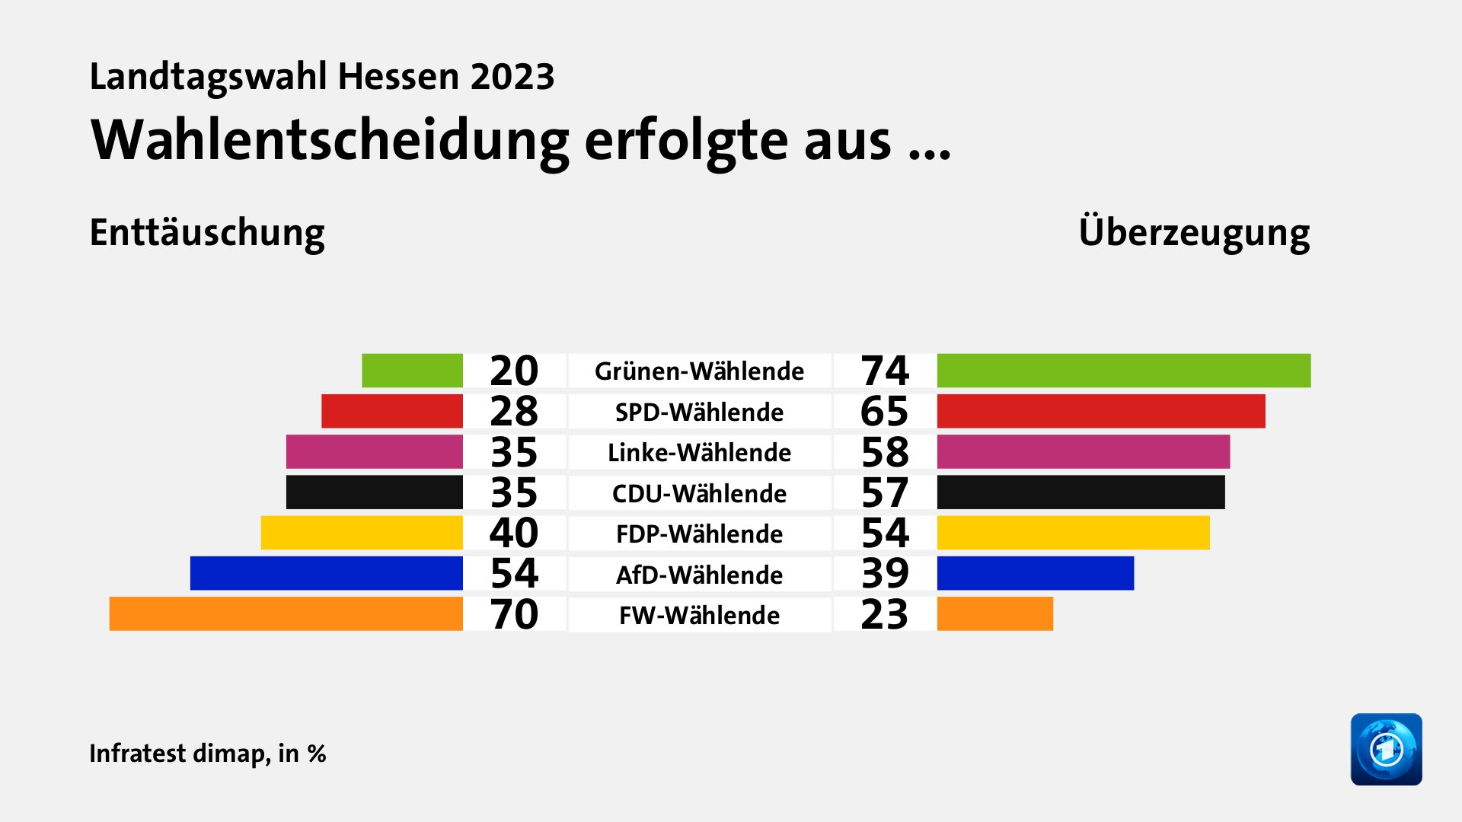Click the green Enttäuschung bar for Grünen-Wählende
(412, 371)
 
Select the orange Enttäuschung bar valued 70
(286, 614)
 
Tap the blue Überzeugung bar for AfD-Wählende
(1035, 573)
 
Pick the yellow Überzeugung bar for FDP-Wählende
(1073, 533)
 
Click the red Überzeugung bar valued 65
(1100, 411)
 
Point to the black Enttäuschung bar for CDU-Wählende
(374, 492)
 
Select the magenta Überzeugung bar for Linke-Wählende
(1083, 452)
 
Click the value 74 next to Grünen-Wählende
(885, 371)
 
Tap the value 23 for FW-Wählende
(885, 615)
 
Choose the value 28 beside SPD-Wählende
(514, 412)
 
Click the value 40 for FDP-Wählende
(514, 533)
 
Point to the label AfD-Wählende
(699, 575)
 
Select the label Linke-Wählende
(699, 453)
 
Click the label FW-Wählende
(699, 615)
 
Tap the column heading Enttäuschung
(207, 233)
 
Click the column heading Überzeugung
(1194, 233)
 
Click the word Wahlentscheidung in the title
(329, 142)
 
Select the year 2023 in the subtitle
(512, 77)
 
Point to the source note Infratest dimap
(179, 753)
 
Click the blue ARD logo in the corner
(1386, 749)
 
